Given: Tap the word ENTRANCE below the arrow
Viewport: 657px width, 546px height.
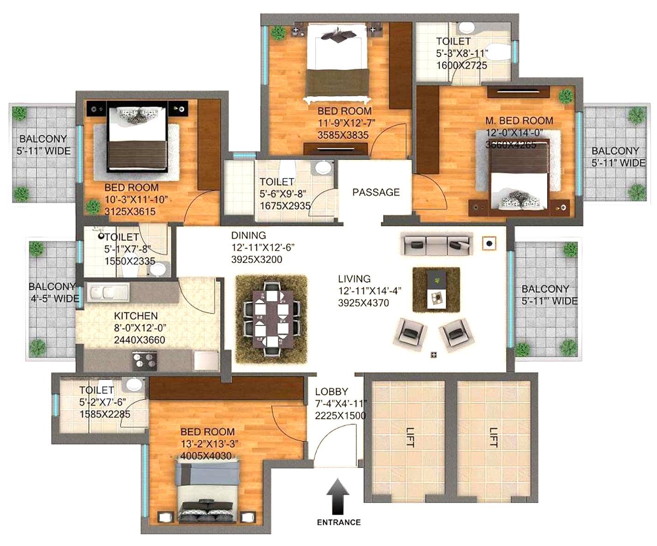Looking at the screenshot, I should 338,522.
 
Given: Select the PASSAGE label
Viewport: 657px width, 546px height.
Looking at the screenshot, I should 376,192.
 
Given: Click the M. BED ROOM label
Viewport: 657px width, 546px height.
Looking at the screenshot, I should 519,121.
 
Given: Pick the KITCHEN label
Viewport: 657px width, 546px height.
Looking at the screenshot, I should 136,316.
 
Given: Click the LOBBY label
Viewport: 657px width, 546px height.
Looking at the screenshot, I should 332,392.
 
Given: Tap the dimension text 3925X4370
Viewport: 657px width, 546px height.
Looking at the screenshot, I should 363,303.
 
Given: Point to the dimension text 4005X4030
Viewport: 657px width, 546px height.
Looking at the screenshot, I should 206,456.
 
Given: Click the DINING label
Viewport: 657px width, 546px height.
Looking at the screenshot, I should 248,235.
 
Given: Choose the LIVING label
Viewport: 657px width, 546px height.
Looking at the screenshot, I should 354,279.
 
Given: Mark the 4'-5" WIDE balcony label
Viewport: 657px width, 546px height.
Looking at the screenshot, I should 54,298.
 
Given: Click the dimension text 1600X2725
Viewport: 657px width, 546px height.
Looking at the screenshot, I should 462,65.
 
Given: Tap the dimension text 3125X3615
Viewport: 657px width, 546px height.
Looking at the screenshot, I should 130,212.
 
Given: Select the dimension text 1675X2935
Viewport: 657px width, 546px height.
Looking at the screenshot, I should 285,206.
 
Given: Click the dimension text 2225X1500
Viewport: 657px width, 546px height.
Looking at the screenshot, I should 340,415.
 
